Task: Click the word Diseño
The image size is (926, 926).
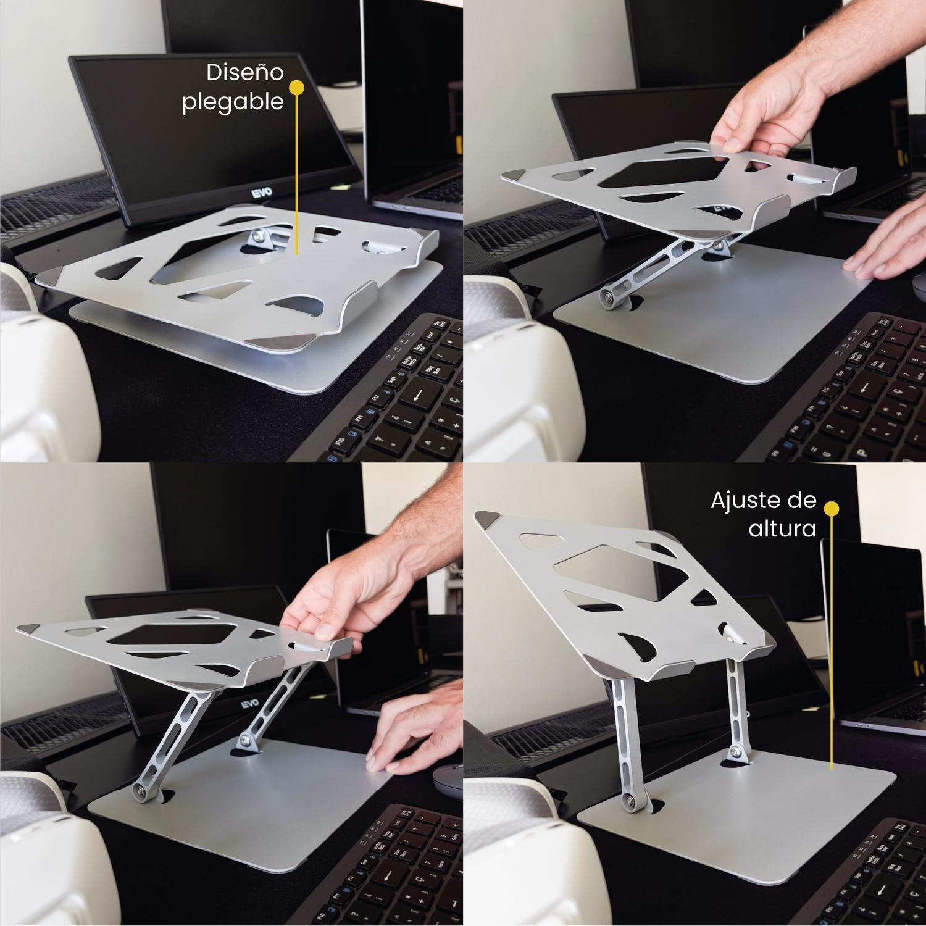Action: tap(244, 73)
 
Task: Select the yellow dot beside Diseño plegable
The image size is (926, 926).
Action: tap(297, 88)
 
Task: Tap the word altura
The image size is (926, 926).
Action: tap(782, 528)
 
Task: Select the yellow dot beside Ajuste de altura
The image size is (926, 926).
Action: tap(832, 508)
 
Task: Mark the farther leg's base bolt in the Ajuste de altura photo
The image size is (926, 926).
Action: tap(736, 752)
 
